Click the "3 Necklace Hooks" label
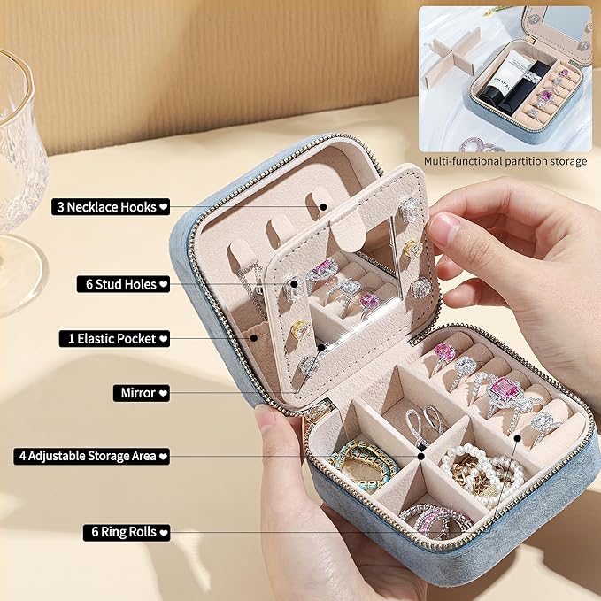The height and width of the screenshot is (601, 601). [x=111, y=207]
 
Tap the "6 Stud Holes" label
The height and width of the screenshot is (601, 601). [x=123, y=284]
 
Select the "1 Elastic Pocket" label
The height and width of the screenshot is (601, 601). [x=114, y=339]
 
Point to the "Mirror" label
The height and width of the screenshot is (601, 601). [x=142, y=393]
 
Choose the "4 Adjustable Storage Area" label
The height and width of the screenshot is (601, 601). [x=91, y=456]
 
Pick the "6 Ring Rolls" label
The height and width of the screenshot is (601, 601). [x=127, y=532]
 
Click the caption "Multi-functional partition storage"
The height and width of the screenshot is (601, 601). [x=505, y=161]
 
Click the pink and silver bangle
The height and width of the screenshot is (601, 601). [x=437, y=520]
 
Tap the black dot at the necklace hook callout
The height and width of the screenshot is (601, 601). [x=323, y=207]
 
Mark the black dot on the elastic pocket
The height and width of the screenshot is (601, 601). [x=254, y=338]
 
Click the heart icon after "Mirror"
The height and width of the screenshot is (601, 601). [x=163, y=393]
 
